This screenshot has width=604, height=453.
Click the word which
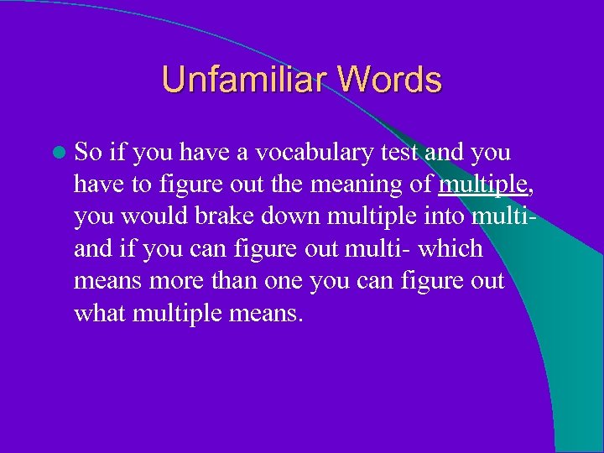453,249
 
